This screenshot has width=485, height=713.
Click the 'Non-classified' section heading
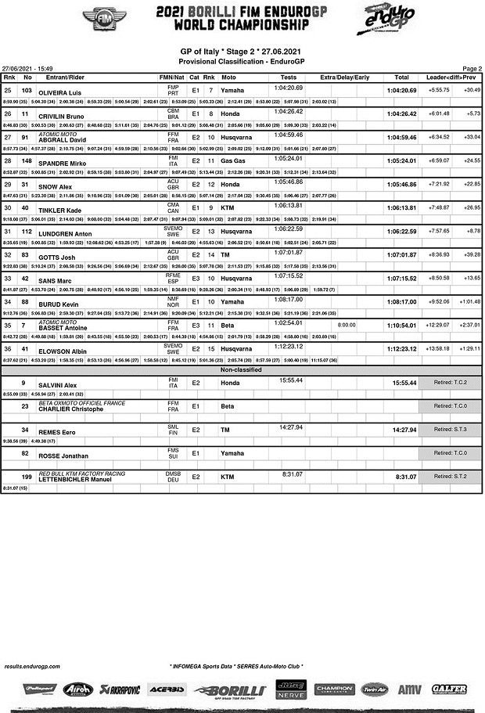tap(242, 369)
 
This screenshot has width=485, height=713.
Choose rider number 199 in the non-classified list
tap(27, 477)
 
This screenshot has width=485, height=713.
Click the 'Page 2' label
tap(472, 69)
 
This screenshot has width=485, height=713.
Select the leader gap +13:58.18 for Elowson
tap(439, 348)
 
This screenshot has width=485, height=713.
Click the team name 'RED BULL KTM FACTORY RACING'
tap(82, 474)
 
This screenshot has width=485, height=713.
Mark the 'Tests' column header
tap(288, 77)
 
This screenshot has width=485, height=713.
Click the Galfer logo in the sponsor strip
tap(449, 690)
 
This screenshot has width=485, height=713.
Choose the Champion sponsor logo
tap(334, 690)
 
